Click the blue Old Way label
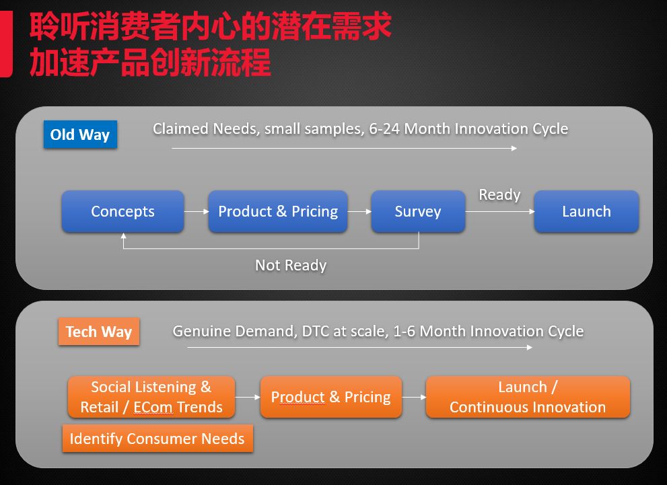[80, 135]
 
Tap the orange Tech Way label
[99, 332]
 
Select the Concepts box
[123, 211]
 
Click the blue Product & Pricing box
[278, 211]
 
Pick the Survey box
[418, 211]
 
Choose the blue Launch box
[587, 211]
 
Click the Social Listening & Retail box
[151, 397]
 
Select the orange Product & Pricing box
[331, 397]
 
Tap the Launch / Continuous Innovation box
[528, 397]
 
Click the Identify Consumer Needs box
[157, 438]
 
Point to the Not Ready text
[291, 265]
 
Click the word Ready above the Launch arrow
[500, 194]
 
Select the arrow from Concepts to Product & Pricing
[197, 211]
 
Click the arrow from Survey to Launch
[500, 211]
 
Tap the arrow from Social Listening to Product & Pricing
[248, 397]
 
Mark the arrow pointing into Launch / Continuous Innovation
[414, 397]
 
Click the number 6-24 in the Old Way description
[384, 128]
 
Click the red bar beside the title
[6, 44]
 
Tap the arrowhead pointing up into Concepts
[123, 235]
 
